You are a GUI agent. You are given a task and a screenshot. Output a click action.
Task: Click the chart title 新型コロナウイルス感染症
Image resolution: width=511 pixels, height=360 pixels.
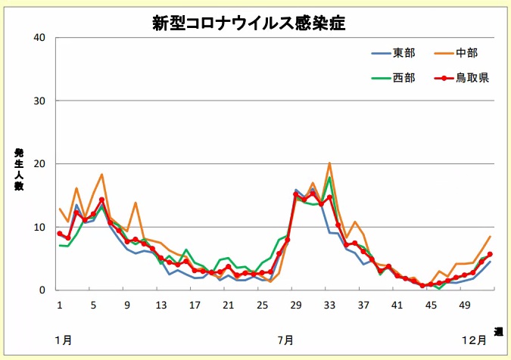[x=248, y=23]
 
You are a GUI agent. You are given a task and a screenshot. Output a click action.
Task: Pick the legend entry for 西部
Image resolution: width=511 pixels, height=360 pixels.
[x=403, y=77]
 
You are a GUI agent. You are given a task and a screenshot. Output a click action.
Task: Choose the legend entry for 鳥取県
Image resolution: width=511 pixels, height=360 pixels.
[x=472, y=77]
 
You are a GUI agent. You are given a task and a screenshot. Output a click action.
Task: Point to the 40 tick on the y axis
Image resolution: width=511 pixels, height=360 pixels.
[x=40, y=38]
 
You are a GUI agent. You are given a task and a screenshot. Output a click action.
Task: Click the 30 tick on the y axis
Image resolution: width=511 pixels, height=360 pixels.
[x=40, y=101]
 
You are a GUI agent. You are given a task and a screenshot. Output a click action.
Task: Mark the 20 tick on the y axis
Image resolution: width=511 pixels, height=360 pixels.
[x=40, y=164]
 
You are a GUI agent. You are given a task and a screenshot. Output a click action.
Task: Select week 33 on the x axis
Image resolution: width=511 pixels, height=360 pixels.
[x=329, y=305]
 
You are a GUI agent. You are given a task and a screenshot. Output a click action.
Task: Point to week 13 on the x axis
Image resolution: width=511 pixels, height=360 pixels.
[x=160, y=305]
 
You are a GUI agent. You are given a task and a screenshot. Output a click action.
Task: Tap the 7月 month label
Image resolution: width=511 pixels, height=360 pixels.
[x=286, y=340]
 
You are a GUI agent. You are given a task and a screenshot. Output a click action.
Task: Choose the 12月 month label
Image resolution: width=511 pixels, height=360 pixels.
[x=475, y=340]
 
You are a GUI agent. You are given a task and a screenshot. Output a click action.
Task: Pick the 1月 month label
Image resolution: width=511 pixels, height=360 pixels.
[x=64, y=340]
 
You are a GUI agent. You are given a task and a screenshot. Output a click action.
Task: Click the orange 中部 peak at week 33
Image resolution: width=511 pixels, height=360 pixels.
[x=329, y=163]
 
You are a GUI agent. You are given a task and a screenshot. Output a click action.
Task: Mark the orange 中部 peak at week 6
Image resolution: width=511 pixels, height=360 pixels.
[x=101, y=175]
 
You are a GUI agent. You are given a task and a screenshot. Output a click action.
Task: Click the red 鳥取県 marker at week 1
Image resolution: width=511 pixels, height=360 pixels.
[x=60, y=234]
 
